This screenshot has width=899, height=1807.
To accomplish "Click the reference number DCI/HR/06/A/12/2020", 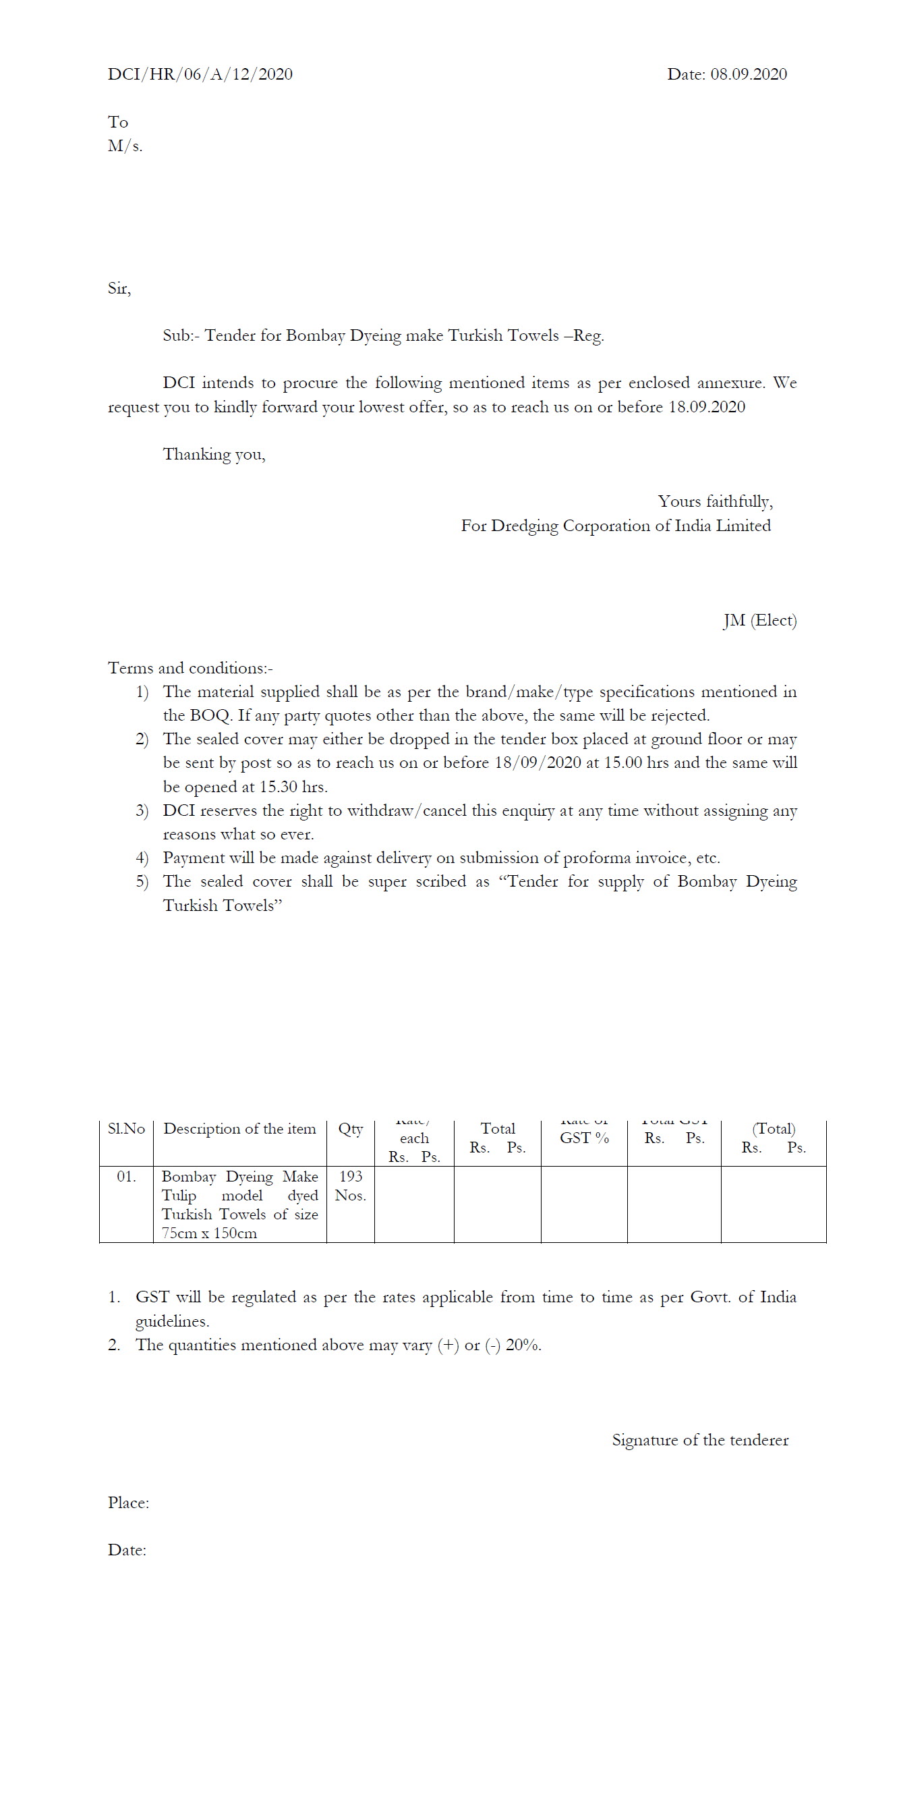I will click(200, 74).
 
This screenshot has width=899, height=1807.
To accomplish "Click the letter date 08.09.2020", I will click(748, 74).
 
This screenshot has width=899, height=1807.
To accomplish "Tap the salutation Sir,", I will click(119, 288).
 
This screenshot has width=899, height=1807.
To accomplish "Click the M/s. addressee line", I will click(125, 146).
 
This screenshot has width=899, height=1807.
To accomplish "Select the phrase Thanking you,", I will click(214, 455).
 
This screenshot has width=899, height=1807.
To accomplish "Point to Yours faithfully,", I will click(715, 501).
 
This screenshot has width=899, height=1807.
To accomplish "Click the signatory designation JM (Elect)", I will click(759, 620).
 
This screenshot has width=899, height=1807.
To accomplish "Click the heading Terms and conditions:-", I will click(190, 668).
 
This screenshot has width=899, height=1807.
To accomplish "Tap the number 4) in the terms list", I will click(142, 858).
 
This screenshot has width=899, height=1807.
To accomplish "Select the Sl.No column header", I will click(126, 1129).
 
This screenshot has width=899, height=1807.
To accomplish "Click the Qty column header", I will click(351, 1129).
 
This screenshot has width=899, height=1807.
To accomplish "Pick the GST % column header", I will click(584, 1138).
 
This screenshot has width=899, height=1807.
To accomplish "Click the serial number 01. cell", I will click(126, 1176).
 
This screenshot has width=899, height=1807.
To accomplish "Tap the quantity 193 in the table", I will click(351, 1176).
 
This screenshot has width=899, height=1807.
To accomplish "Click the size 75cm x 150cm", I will click(209, 1233).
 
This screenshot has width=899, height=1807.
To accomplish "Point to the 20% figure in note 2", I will click(523, 1345).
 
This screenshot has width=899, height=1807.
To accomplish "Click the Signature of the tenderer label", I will click(700, 1440).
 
